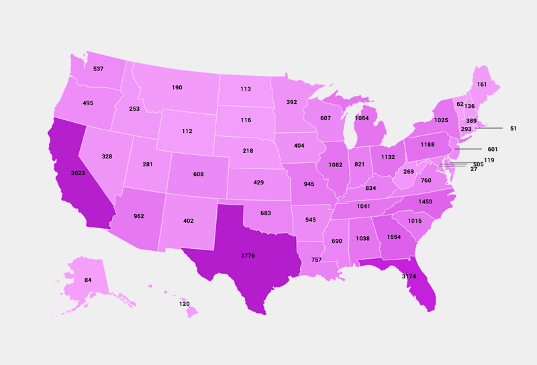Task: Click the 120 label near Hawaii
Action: click(184, 304)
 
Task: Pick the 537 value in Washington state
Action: click(98, 69)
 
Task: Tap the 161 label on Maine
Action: click(482, 85)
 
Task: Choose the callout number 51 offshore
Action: click(514, 128)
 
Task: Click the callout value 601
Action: click(493, 149)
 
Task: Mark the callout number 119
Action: click(489, 160)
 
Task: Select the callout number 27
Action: click(474, 169)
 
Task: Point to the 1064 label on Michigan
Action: click(362, 119)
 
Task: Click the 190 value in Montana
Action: click(177, 88)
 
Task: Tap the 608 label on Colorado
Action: click(198, 174)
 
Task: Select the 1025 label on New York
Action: click(441, 121)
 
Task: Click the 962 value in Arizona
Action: click(139, 217)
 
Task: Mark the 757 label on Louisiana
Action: click(316, 260)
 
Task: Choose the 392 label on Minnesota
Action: click(291, 103)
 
